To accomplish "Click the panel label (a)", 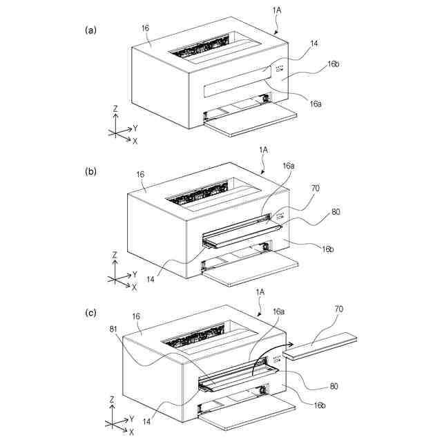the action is tap(90, 30).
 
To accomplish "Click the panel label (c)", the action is tap(90, 312).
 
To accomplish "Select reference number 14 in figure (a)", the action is tap(314, 43).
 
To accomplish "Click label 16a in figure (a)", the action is tap(316, 104).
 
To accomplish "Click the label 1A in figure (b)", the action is tap(264, 149).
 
